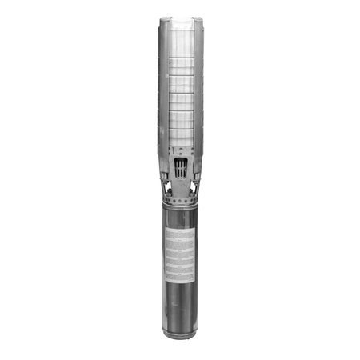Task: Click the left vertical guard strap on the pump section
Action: click(x=162, y=88)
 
